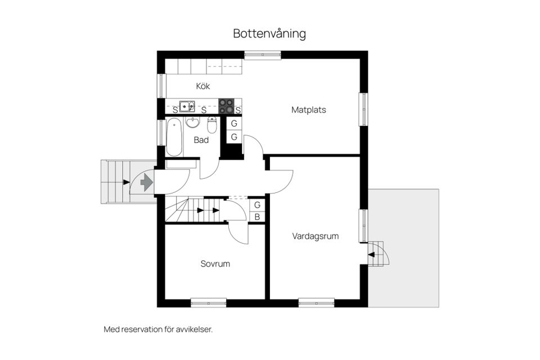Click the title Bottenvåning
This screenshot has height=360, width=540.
click(269, 34)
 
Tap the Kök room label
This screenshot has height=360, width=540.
click(203, 87)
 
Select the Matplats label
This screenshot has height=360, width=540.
click(308, 110)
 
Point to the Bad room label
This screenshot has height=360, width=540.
click(201, 140)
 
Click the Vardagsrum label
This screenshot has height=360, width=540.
click(315, 236)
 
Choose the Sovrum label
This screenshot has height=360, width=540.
click(215, 264)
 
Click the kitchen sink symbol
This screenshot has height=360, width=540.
click(187, 106)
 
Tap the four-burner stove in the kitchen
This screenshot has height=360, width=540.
click(226, 106)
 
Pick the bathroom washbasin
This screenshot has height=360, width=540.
click(193, 122)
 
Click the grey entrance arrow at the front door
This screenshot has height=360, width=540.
click(147, 182)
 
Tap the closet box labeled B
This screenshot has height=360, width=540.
click(257, 217)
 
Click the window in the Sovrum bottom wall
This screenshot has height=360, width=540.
click(208, 303)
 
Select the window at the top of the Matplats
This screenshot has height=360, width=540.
click(263, 55)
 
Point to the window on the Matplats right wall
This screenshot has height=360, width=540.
click(363, 109)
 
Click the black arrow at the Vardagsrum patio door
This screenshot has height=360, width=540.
click(372, 254)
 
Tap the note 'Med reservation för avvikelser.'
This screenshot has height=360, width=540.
click(158, 330)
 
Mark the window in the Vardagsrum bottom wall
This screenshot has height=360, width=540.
click(316, 303)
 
